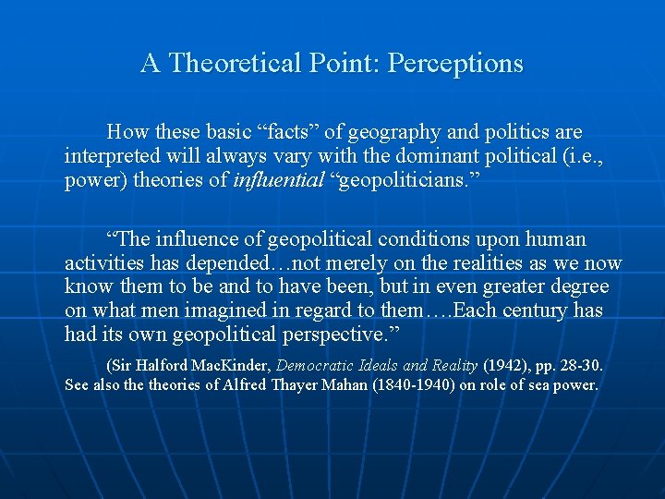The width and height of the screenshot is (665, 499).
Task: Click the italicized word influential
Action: [279, 180]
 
